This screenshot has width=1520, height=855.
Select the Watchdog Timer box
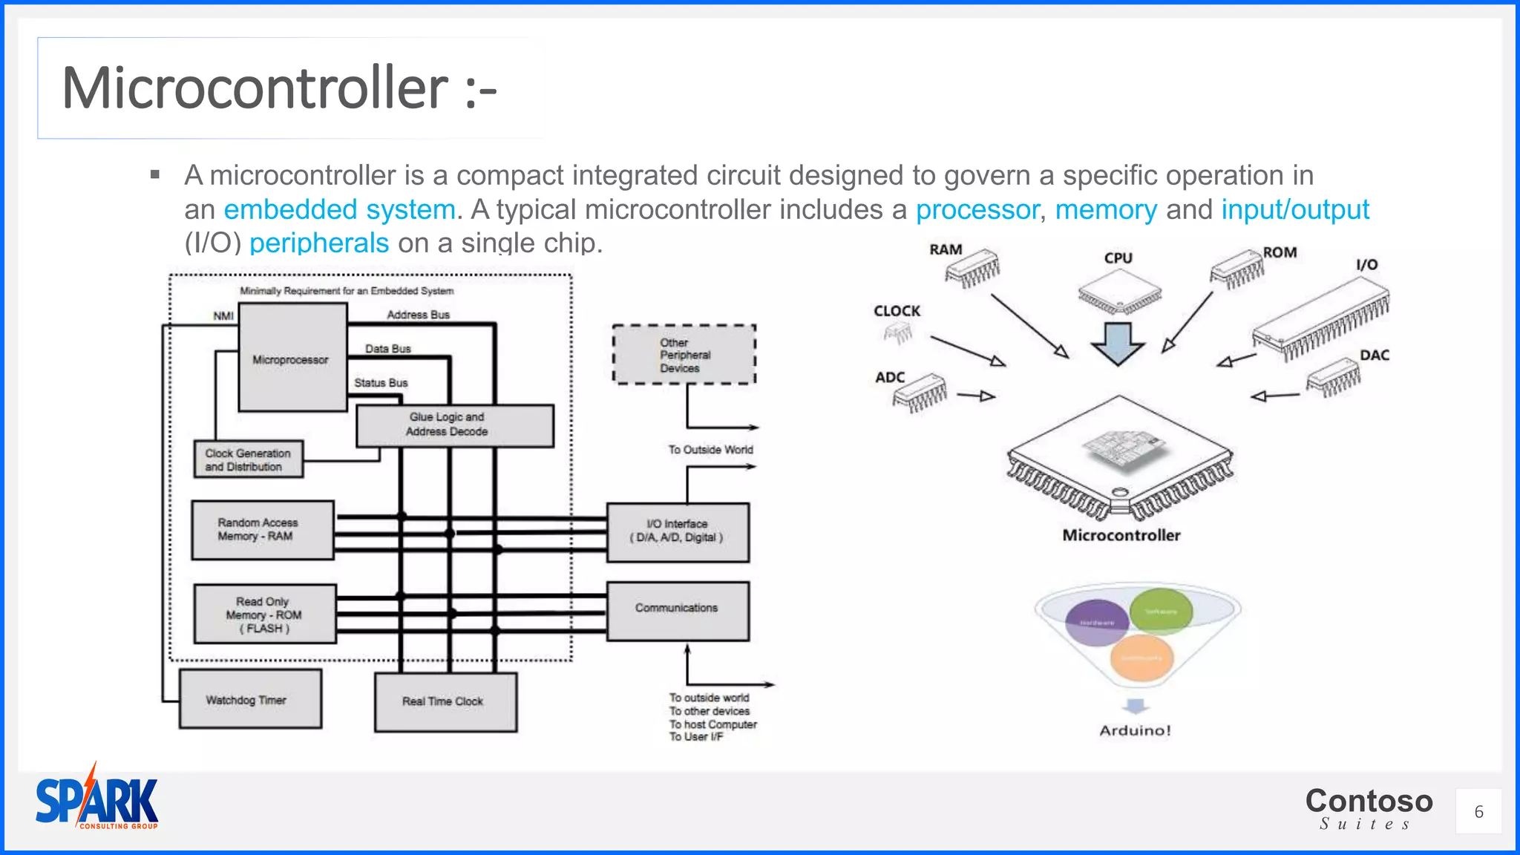pos(250,699)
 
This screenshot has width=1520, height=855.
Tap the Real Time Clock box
pos(445,701)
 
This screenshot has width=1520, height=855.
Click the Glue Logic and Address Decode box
pos(454,425)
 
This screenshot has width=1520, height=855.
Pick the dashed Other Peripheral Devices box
pos(684,355)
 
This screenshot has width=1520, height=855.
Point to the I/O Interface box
pos(677,532)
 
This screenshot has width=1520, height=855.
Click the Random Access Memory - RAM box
pos(262,530)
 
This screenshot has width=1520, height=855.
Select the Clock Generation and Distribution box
pos(247,459)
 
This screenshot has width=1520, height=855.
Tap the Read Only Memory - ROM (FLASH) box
pos(264,615)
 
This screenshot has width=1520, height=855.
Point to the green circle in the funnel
pos(1161,612)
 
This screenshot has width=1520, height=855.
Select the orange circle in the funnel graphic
pos(1141,658)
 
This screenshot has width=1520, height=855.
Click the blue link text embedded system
pos(339,210)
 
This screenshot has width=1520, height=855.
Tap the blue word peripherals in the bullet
pos(319,243)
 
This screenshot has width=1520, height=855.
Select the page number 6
pos(1478,812)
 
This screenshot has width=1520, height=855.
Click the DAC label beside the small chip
pos(1374,356)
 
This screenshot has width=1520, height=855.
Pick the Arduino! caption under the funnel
pos(1135,730)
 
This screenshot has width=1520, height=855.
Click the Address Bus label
pos(418,315)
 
